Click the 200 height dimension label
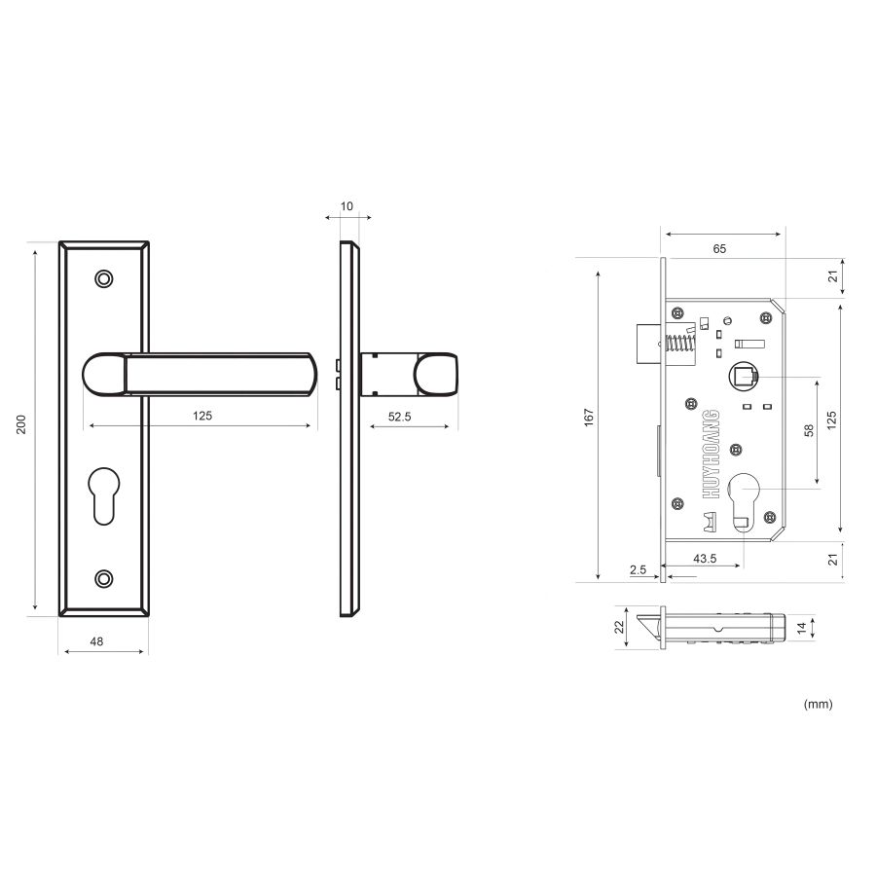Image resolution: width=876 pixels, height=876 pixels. coord(21,424)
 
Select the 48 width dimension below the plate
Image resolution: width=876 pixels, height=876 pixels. coord(97,641)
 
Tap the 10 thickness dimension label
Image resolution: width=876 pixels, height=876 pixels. coord(347,206)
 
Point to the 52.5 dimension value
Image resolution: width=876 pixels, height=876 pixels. coord(401,416)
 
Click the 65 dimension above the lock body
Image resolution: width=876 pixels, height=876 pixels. coord(719,249)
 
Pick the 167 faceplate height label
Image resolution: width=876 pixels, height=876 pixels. coord(587,417)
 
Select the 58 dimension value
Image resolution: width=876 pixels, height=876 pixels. coord(809,429)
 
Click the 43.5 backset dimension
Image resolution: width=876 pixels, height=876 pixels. coord(706,559)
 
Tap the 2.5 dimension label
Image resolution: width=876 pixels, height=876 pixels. coord(638,569)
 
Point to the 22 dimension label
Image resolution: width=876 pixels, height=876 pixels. coord(618,628)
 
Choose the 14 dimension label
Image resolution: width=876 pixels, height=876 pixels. coord(801,629)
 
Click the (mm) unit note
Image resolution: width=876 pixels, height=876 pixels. coord(818,703)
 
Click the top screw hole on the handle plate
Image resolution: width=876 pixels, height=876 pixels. coord(103,279)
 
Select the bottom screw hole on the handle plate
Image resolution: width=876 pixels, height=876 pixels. coord(103,579)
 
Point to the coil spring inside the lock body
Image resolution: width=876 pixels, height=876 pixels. coord(677,346)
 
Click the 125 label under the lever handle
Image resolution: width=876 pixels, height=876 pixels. coord(201,416)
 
